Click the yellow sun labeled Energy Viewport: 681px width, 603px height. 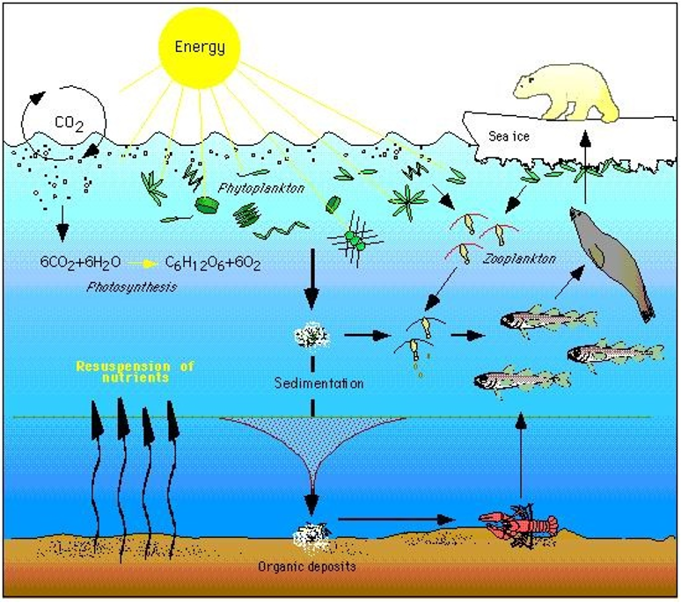(200, 47)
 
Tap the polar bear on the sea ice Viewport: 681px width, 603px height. (567, 93)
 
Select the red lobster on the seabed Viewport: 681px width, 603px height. (520, 524)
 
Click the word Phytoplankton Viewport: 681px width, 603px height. (260, 188)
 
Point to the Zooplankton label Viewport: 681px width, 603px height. (519, 259)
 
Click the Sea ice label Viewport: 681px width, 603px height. (509, 136)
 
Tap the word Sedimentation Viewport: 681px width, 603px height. (319, 383)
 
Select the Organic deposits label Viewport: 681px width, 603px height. (306, 567)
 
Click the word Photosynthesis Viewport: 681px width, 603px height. (132, 287)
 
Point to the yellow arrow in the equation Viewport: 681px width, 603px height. (144, 264)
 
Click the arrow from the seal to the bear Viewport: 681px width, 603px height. (585, 166)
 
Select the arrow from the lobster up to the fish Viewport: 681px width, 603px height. (521, 454)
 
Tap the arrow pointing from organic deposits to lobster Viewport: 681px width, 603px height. (396, 519)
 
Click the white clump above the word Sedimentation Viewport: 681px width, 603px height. (311, 335)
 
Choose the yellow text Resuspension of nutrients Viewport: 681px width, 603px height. (135, 371)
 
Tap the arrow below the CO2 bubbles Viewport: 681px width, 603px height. (62, 223)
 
